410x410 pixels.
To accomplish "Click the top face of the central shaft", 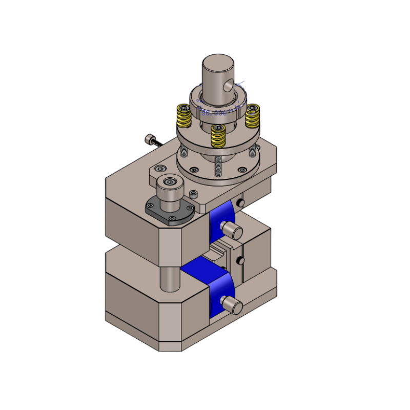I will click(x=218, y=64).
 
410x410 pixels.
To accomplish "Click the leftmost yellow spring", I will click(x=183, y=117).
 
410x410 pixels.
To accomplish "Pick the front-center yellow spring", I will click(x=218, y=135).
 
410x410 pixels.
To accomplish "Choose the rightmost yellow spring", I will click(x=252, y=117).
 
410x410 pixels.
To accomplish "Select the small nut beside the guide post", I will click(x=194, y=194).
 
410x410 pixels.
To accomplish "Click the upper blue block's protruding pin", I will click(x=232, y=230).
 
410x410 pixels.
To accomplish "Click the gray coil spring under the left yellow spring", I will click(x=183, y=151).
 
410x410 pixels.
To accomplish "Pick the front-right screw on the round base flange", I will click(x=242, y=170).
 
